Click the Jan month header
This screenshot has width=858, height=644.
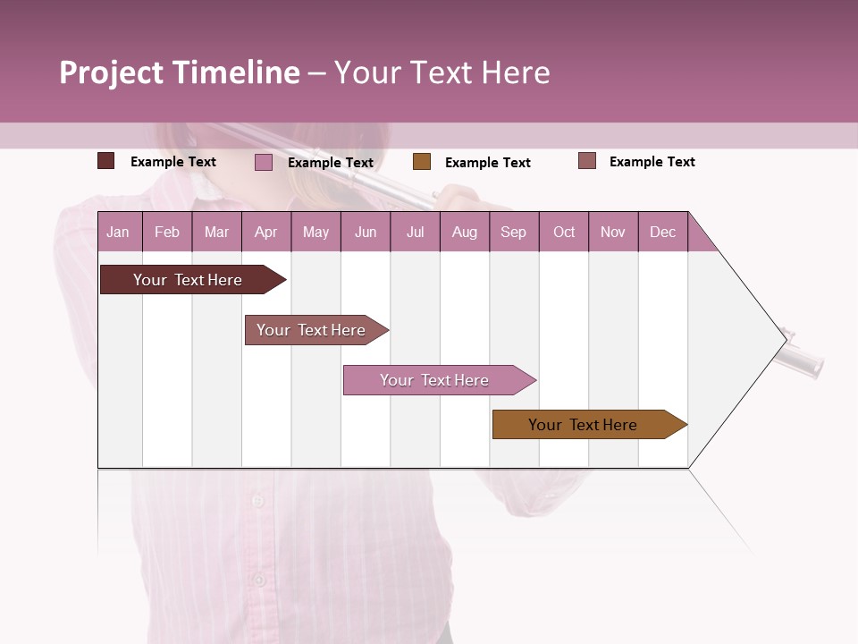[x=118, y=233]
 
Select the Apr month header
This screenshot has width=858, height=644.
[x=265, y=233]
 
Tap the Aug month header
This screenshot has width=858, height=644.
[x=464, y=233]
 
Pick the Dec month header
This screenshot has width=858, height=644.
[x=662, y=233]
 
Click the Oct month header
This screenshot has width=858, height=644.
[x=564, y=233]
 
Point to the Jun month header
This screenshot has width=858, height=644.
[x=365, y=233]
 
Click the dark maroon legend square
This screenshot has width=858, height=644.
[x=106, y=161]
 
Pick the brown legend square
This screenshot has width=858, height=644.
[x=422, y=162]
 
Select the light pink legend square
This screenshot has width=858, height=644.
[x=264, y=162]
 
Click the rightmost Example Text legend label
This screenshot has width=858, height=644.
[x=652, y=162]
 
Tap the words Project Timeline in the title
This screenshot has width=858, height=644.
[x=179, y=72]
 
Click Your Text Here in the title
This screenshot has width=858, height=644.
[x=442, y=72]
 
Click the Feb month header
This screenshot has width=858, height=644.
[x=166, y=233]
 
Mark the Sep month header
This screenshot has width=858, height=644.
[x=513, y=233]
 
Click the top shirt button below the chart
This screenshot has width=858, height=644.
[x=258, y=501]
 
